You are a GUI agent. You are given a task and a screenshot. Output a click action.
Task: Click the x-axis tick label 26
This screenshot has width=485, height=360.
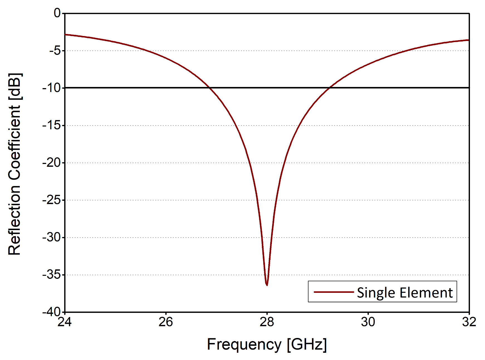tap(166, 322)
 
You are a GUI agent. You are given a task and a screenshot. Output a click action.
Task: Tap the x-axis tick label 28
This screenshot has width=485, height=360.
tap(267, 322)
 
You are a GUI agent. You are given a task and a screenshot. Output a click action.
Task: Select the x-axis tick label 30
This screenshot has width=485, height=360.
tap(368, 322)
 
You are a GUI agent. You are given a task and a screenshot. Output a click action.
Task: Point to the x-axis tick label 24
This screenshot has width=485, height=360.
tap(65, 322)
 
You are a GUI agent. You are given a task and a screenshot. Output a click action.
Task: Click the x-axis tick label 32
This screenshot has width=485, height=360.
tap(469, 322)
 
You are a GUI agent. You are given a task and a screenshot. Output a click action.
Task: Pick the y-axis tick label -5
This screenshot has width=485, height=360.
tap(55, 51)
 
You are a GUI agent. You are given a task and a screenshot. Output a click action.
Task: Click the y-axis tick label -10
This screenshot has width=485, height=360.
tap(52, 88)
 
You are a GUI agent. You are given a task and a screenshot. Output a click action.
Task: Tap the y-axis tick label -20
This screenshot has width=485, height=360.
tap(52, 163)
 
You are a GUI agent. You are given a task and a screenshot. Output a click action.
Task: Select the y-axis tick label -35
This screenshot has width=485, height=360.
tap(52, 275)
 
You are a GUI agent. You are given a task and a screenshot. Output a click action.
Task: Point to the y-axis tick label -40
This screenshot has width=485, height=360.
tap(52, 312)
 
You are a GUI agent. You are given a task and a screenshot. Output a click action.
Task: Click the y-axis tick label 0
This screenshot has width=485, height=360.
tap(57, 13)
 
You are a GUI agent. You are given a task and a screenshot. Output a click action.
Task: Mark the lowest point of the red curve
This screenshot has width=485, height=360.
tap(267, 285)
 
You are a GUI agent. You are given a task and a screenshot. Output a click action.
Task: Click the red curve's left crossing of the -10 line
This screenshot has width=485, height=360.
tap(209, 88)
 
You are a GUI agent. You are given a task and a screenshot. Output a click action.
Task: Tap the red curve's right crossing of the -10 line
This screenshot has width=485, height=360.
tap(330, 88)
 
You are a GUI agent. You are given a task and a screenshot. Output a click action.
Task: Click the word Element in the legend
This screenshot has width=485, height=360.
tap(426, 293)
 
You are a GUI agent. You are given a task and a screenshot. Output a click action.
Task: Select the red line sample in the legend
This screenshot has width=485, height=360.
tap(333, 292)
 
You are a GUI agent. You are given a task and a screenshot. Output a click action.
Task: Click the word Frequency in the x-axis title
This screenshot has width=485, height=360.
tap(244, 344)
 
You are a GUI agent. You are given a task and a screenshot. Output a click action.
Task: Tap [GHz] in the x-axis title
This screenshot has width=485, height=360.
tap(307, 344)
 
